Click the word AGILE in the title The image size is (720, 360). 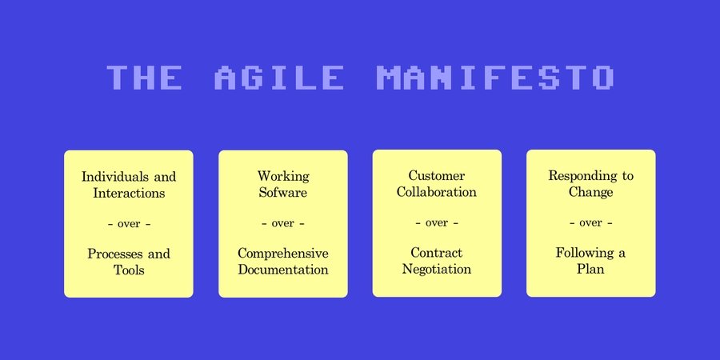click(280, 78)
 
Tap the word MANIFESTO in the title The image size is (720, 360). click(494, 78)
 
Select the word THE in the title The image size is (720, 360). click(144, 78)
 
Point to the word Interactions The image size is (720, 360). click(129, 194)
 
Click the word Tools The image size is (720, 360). click(129, 270)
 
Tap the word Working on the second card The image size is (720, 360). click(283, 176)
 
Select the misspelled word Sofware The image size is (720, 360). click(283, 193)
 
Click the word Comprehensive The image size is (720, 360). click(283, 254)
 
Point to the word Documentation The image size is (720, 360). click(283, 270)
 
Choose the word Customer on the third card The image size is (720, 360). click(437, 176)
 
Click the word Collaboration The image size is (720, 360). click(437, 192)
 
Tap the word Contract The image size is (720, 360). click(437, 253)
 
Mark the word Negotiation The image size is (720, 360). click(437, 270)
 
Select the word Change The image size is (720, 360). click(591, 192)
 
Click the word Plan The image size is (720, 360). click(590, 270)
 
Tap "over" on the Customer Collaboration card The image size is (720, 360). click(437, 223)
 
